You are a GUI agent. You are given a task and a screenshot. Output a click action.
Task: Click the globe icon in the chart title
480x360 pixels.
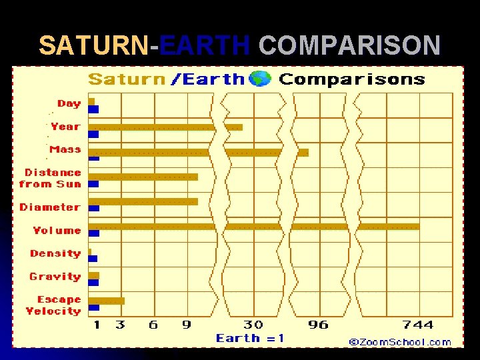(x=259, y=79)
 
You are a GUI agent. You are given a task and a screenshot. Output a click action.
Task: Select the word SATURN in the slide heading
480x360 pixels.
(x=94, y=46)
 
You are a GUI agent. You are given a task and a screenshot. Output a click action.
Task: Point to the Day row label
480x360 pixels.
(x=69, y=103)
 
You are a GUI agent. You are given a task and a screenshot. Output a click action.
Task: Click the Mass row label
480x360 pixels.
(x=65, y=149)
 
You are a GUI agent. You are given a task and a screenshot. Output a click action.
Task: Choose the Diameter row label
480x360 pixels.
(x=50, y=207)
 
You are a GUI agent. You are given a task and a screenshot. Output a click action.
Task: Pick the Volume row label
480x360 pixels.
(x=57, y=231)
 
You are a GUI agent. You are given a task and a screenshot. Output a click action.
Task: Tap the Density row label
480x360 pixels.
(x=55, y=253)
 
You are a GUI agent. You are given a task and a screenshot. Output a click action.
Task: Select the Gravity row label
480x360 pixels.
(x=55, y=277)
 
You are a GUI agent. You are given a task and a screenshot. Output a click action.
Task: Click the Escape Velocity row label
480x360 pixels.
(x=53, y=305)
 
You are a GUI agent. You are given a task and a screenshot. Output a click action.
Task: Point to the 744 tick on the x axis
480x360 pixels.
(x=418, y=325)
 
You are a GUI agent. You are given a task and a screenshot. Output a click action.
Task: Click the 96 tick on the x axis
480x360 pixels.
(x=318, y=325)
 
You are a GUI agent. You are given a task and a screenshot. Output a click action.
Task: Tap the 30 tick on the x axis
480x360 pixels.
(x=253, y=325)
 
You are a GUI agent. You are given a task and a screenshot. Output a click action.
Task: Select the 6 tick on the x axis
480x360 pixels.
(x=153, y=325)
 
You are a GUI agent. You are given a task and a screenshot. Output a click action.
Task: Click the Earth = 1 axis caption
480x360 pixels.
(x=250, y=339)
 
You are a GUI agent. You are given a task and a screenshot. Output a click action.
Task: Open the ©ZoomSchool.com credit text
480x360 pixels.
(x=400, y=342)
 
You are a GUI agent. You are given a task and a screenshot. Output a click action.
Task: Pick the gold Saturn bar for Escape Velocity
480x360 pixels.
(x=107, y=301)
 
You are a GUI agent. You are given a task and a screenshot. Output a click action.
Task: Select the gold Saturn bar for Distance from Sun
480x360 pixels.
(x=143, y=177)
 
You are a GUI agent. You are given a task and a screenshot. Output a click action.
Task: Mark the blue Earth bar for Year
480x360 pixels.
(x=94, y=135)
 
